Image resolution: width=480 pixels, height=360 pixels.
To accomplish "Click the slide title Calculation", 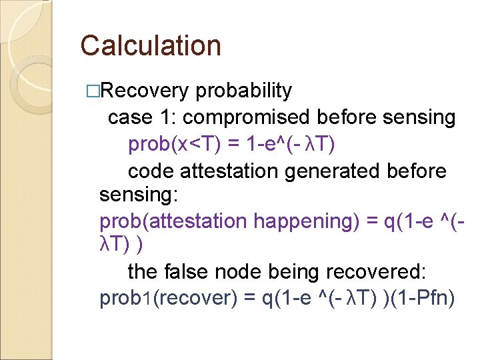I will click(x=150, y=46).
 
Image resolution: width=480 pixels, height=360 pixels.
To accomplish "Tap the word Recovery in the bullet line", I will click(x=147, y=91).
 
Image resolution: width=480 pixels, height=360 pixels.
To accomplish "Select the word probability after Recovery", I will click(x=245, y=91).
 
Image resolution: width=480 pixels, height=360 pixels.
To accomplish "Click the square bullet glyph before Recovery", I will click(x=92, y=91).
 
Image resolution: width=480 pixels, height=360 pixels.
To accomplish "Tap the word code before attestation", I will click(x=151, y=171).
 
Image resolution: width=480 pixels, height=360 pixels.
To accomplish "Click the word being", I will click(x=295, y=272).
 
